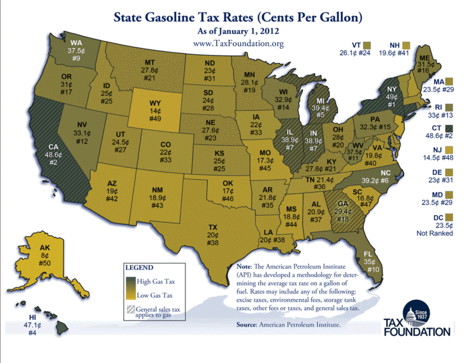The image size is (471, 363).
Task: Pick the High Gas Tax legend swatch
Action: tap(130, 281)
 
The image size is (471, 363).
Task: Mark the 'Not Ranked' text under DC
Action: tap(434, 233)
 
